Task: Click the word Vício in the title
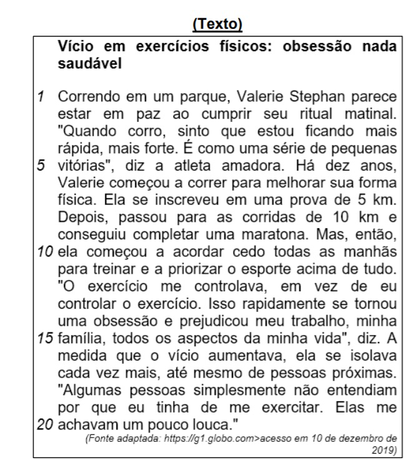tap(74, 46)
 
